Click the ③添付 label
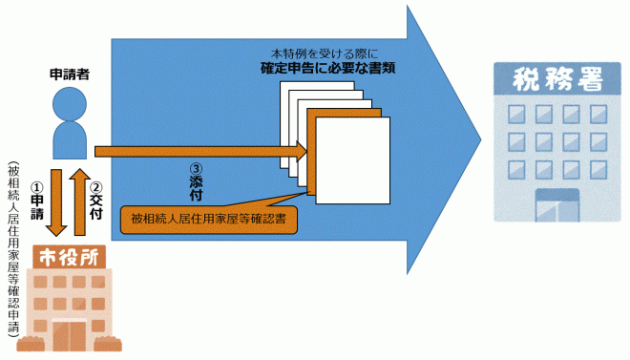pyautogui.click(x=197, y=180)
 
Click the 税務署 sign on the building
pyautogui.click(x=547, y=79)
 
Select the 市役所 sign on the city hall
pyautogui.click(x=69, y=258)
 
